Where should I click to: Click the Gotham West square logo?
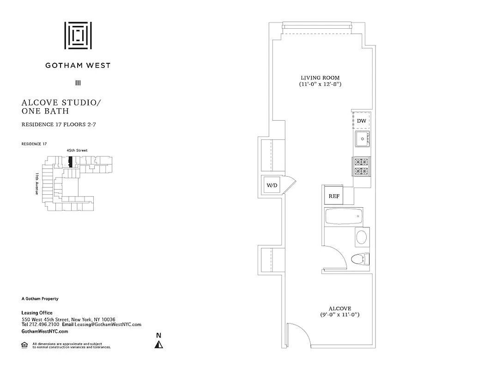(78, 35)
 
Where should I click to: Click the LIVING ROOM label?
(320, 78)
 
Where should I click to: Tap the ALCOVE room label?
(340, 308)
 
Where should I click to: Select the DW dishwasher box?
(362, 121)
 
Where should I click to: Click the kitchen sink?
(362, 139)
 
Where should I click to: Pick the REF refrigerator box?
(333, 196)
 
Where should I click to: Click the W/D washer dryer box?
(272, 185)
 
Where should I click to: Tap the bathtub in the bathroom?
(343, 216)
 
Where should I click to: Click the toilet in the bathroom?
(359, 259)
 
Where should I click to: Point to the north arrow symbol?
(159, 344)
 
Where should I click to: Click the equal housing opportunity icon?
(24, 345)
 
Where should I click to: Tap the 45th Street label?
(76, 150)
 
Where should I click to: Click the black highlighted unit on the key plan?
(71, 162)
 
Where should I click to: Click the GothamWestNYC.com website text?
(45, 332)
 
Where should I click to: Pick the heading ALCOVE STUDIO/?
(61, 103)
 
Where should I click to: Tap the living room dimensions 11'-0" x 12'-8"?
(320, 85)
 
